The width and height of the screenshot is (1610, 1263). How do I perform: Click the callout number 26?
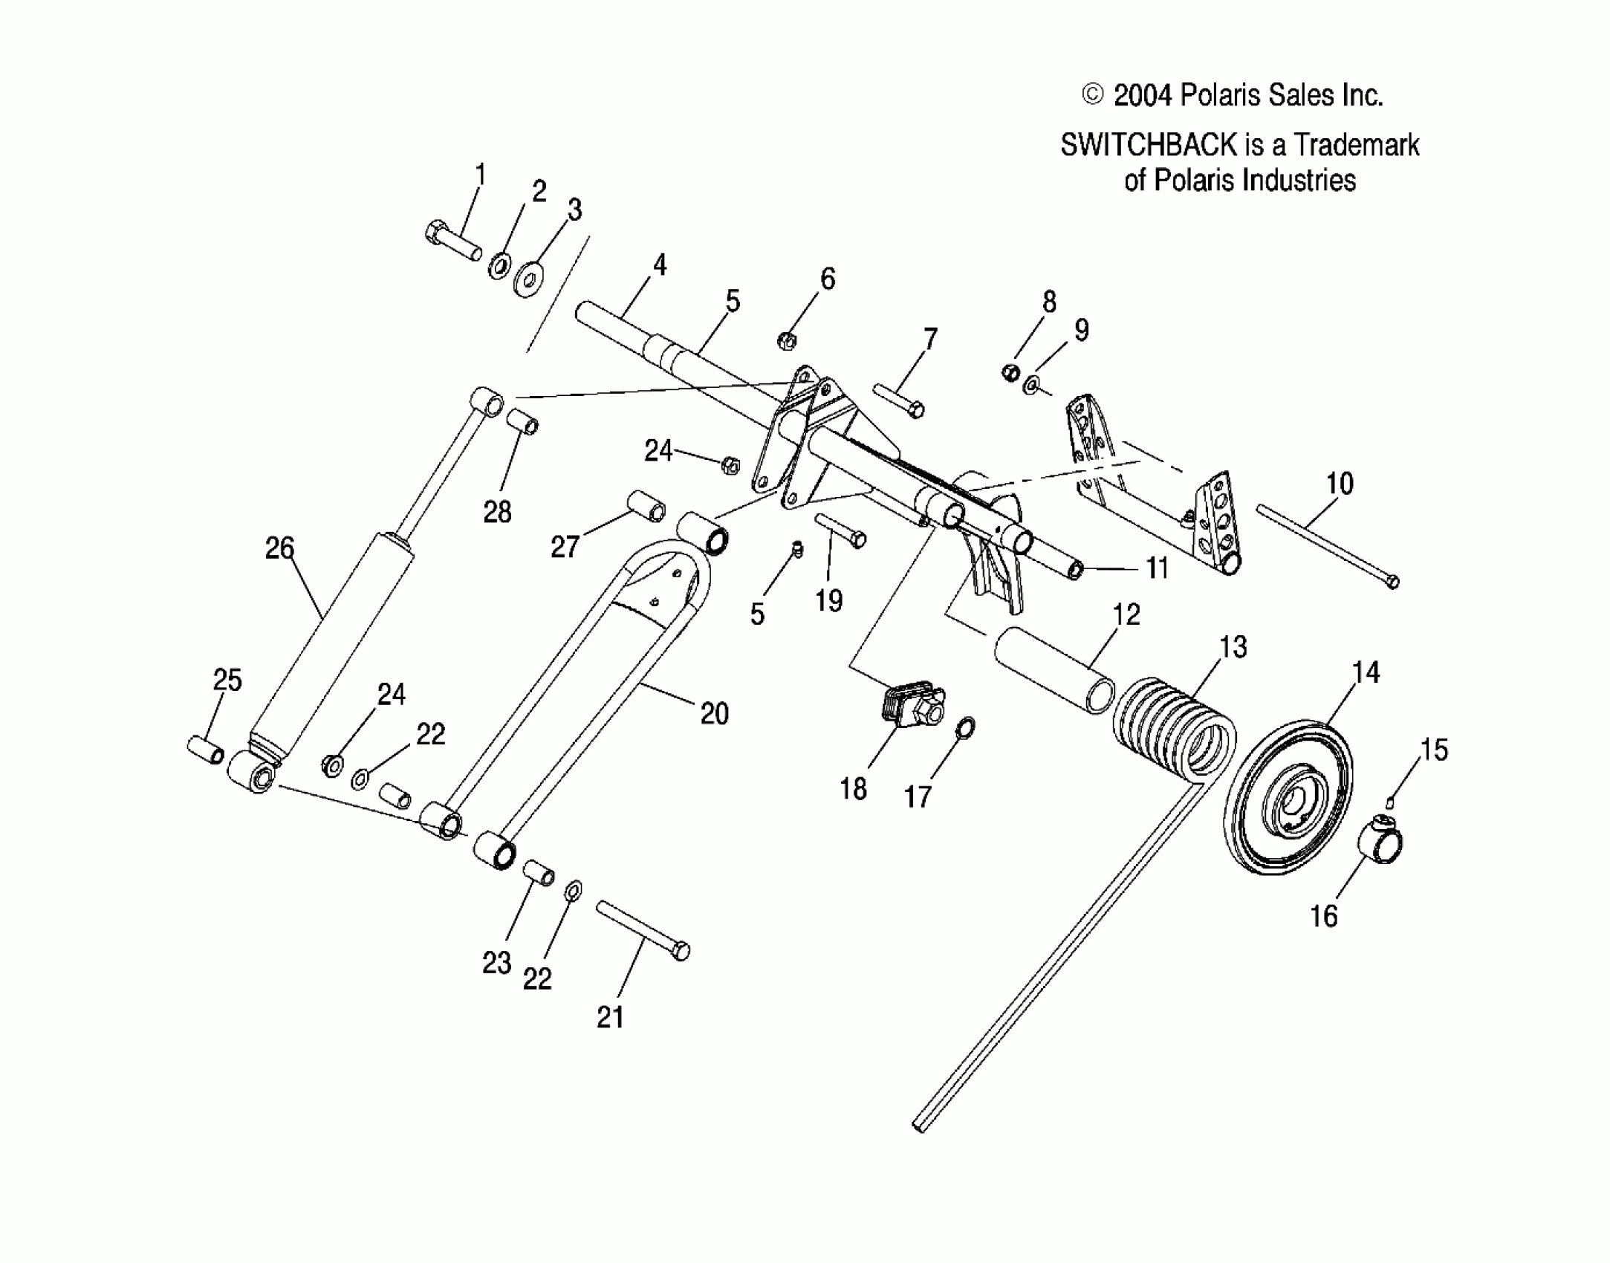click(280, 548)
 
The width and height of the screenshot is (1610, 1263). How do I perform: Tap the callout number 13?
click(1233, 647)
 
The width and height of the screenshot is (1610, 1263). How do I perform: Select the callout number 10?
click(1340, 484)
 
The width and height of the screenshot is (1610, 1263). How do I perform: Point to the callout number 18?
click(854, 789)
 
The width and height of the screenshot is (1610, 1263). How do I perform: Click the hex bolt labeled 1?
click(452, 241)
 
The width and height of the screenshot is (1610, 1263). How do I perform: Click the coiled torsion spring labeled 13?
click(1174, 736)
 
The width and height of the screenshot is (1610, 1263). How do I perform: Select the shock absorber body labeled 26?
click(327, 639)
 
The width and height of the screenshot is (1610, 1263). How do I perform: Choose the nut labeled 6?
click(787, 341)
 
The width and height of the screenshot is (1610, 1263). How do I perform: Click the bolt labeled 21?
click(643, 929)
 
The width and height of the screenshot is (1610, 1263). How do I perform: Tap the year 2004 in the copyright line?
click(1143, 96)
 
